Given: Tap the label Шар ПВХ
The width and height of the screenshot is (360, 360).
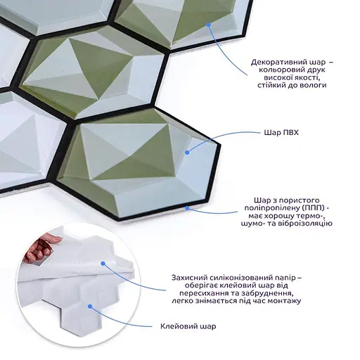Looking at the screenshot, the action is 281,133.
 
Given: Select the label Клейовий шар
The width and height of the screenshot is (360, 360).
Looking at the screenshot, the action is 188,326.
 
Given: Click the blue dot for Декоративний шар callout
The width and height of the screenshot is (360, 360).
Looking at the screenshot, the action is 208,25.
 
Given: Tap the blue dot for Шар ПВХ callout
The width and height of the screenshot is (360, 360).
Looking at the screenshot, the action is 187,153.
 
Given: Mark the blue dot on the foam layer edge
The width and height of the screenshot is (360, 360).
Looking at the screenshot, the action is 187,207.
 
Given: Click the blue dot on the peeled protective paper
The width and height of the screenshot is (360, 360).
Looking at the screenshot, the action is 103,264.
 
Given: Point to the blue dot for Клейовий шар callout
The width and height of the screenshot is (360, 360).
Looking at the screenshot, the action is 90,307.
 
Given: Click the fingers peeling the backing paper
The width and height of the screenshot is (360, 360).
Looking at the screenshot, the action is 42,248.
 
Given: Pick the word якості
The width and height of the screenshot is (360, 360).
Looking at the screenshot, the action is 307,77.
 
